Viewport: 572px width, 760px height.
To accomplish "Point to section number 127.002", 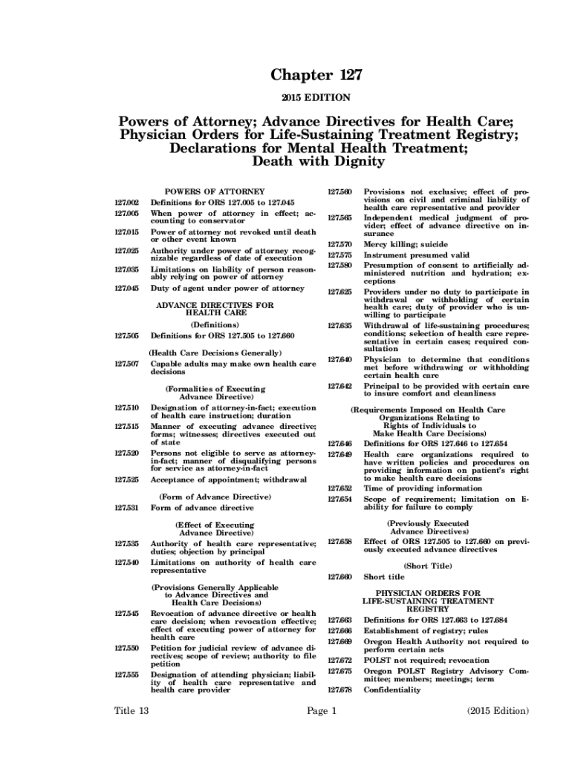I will click(x=127, y=202).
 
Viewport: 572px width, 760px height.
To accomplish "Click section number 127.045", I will click(x=127, y=288).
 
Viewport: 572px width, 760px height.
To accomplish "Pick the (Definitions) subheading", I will click(x=214, y=324).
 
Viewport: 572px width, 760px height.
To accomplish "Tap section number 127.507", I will click(x=127, y=364).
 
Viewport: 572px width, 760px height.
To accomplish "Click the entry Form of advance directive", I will click(x=202, y=508).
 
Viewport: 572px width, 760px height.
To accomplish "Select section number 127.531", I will click(x=127, y=508).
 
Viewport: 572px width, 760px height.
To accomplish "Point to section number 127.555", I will click(x=127, y=675).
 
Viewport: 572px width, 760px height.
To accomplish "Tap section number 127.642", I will click(x=339, y=386).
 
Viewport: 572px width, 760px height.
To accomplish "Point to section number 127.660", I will click(x=339, y=577).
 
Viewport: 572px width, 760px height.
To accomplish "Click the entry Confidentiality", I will click(x=391, y=689).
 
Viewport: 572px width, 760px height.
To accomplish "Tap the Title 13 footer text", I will click(x=131, y=711).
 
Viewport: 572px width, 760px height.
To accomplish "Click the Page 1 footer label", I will click(x=322, y=711).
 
